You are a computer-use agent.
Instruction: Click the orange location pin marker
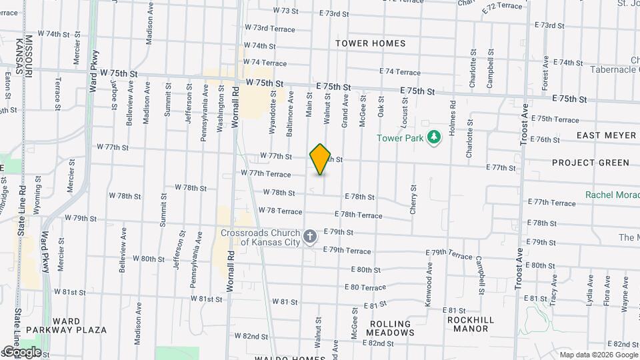pos(321,159)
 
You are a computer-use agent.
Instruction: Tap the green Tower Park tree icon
pos(435,137)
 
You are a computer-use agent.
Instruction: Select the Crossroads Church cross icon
pos(309,237)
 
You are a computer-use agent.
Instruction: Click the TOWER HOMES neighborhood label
pos(371,43)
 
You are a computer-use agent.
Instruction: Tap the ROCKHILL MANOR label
pos(477,324)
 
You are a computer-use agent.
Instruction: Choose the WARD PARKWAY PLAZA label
pos(67,325)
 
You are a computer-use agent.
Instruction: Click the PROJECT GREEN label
pos(591,163)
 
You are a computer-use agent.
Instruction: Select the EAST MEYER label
pos(607,135)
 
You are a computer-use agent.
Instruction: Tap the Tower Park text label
pos(401,138)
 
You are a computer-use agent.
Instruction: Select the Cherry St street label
pos(413,200)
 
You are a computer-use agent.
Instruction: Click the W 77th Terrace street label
pos(266,174)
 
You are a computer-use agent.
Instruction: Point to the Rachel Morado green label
pos(612,195)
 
